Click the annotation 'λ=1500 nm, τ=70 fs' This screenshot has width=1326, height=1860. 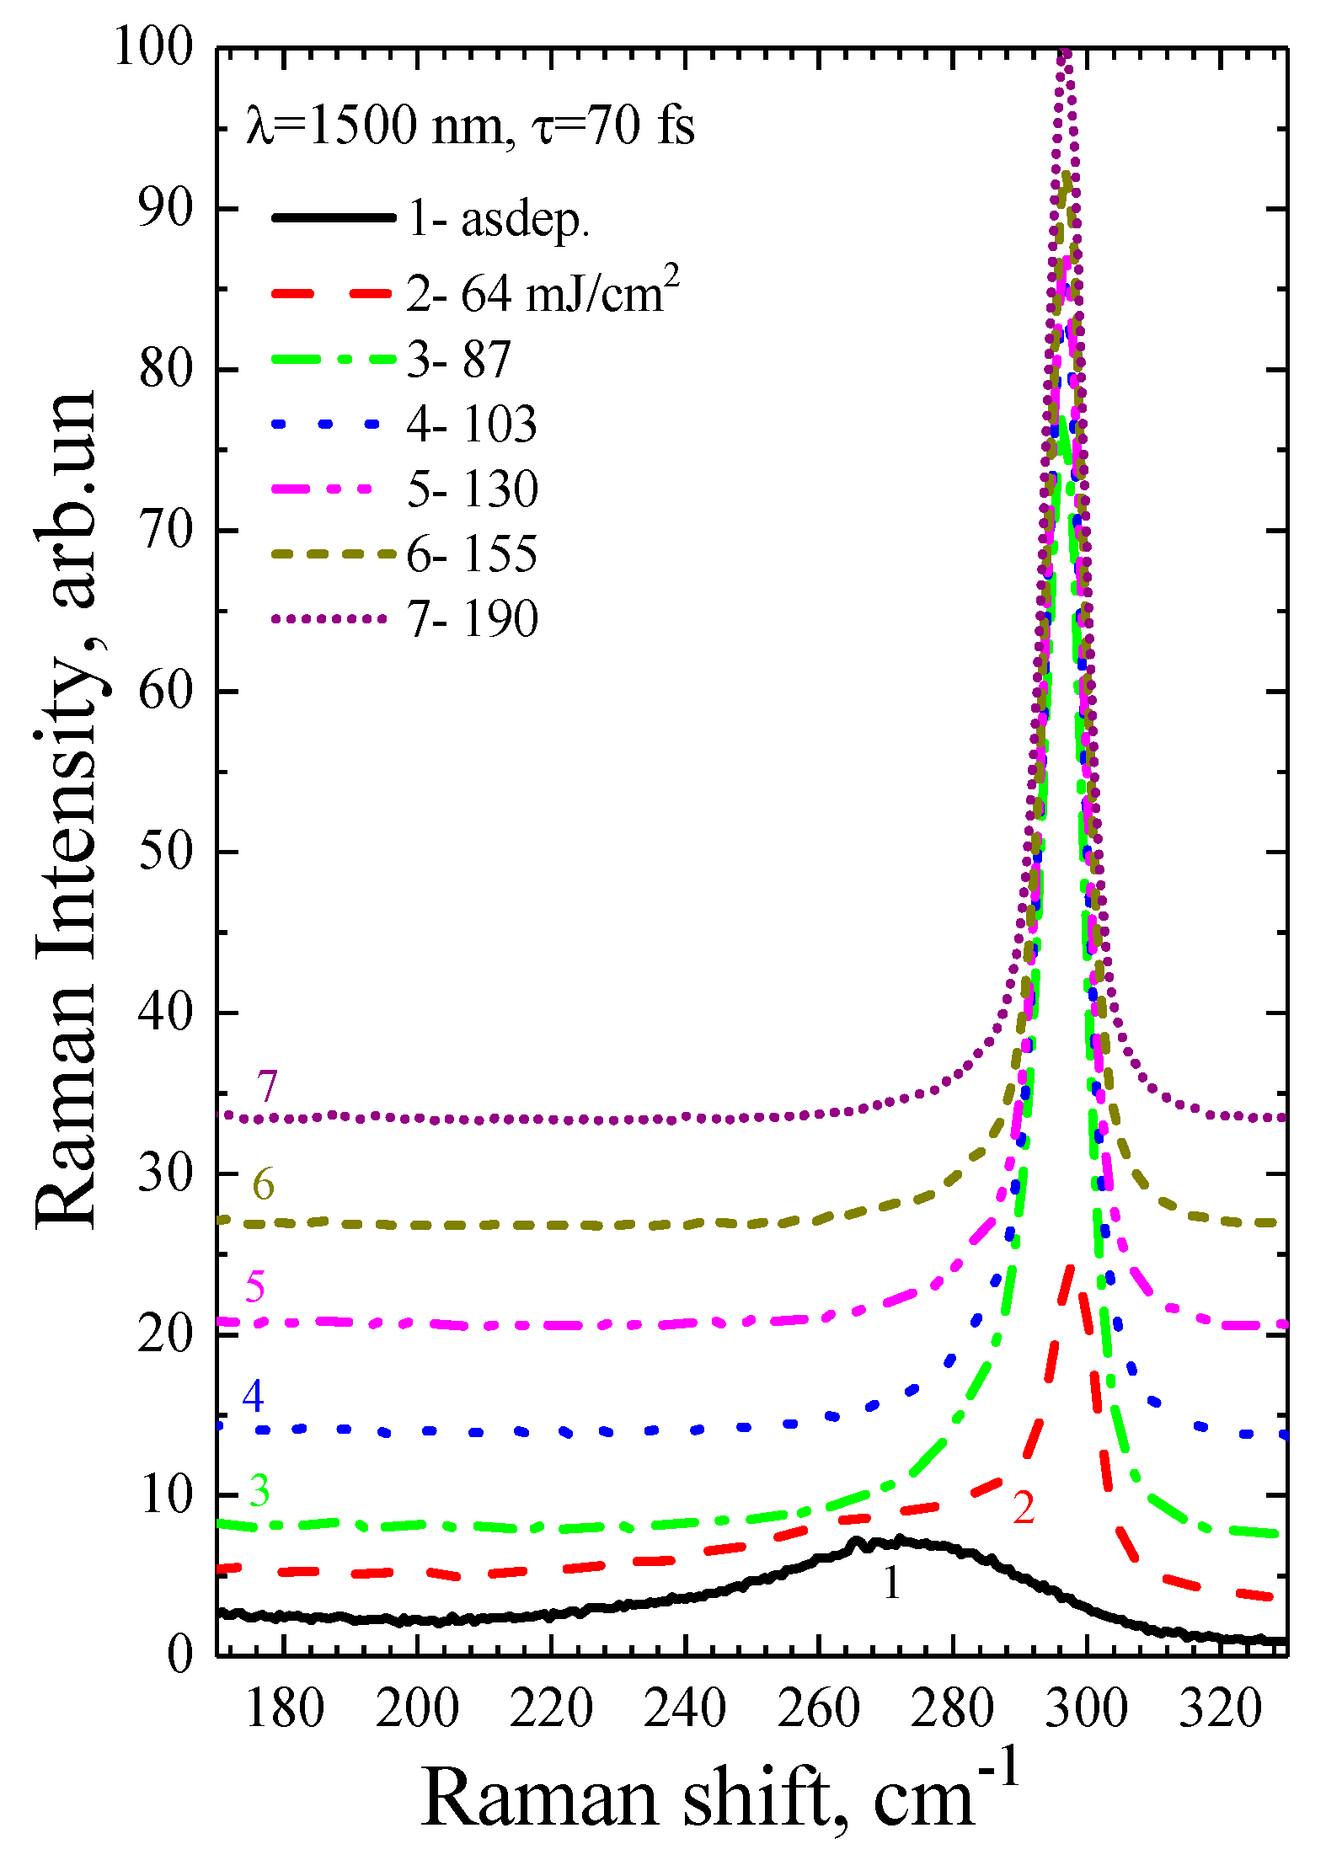coord(470,126)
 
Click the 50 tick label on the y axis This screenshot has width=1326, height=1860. coord(166,851)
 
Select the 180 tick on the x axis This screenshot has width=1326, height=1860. coord(284,1710)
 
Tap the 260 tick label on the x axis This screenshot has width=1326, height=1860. coord(818,1710)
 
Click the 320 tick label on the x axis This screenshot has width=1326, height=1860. coord(1220,1710)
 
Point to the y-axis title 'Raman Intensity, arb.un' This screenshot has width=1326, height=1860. coord(67,809)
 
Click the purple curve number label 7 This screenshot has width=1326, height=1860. coord(267,1087)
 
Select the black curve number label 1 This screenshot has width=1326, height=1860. coord(891,1584)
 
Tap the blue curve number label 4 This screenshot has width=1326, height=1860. coord(253,1396)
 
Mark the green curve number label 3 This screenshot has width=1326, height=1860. coord(259,1491)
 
